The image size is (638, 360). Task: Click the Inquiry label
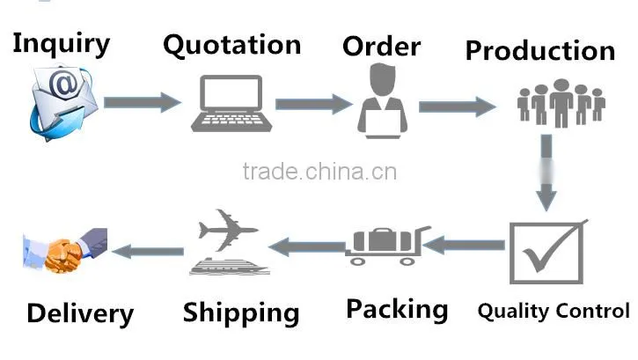(61, 44)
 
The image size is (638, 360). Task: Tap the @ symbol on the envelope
(63, 84)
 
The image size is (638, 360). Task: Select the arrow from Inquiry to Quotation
(142, 102)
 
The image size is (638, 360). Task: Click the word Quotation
(232, 46)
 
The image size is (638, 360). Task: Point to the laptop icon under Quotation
(231, 103)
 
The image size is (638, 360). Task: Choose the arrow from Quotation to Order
(313, 104)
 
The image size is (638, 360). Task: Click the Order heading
(382, 47)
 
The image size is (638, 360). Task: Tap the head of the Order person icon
(382, 79)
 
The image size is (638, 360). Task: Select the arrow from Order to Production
(458, 107)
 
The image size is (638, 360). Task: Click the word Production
(540, 51)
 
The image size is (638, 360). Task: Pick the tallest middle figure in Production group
(561, 103)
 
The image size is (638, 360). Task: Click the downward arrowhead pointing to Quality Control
(546, 197)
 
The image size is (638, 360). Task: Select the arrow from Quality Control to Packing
(465, 245)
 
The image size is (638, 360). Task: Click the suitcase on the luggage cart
(383, 240)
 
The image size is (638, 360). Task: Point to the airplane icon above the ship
(228, 230)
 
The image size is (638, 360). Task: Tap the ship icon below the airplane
(230, 267)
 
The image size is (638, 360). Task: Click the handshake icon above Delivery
(65, 251)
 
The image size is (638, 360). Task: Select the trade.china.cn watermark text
(319, 172)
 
